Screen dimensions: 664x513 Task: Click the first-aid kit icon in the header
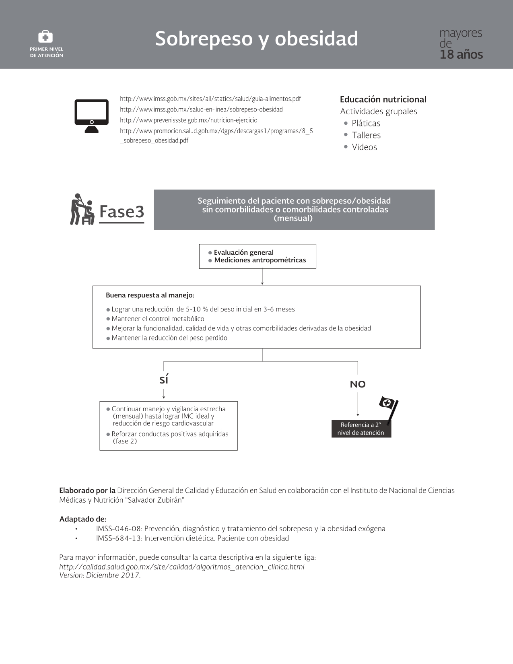(x=45, y=37)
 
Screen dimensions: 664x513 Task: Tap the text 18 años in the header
(x=461, y=55)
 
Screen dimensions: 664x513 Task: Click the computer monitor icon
(x=91, y=116)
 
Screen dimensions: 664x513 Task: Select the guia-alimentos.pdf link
(x=210, y=99)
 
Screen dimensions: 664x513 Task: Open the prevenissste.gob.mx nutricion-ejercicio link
(x=188, y=120)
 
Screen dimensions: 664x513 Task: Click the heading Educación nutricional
(x=383, y=99)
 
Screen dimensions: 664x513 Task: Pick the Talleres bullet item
(x=366, y=135)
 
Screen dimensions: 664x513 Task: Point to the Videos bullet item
(x=364, y=147)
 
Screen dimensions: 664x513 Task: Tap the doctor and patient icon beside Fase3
(x=82, y=209)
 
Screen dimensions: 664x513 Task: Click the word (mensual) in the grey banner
(x=293, y=219)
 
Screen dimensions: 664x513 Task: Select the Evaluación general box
(x=258, y=256)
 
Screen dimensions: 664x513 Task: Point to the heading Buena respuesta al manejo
(x=150, y=295)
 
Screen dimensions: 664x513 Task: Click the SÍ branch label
(x=164, y=380)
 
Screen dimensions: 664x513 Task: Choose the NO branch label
(x=358, y=384)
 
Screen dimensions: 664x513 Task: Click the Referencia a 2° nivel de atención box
(x=361, y=429)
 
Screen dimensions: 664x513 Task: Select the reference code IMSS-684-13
(x=118, y=538)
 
